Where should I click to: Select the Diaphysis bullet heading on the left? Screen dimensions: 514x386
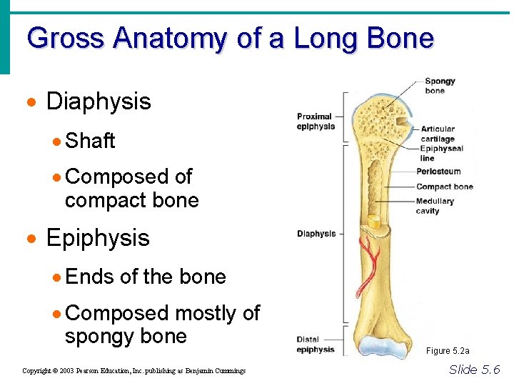[99, 102]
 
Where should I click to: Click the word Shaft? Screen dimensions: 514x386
[90, 141]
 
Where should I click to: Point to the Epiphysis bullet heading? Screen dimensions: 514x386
[98, 237]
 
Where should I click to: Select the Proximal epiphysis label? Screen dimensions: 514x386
[316, 122]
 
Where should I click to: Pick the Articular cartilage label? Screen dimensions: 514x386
[437, 134]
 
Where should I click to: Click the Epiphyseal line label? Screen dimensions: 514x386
[441, 153]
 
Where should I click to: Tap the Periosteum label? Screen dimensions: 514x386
[438, 172]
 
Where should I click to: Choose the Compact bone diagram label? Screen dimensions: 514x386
[444, 187]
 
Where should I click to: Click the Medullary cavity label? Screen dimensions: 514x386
[434, 206]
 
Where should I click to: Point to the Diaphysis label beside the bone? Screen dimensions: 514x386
[316, 234]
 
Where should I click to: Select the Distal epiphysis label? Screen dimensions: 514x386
[316, 345]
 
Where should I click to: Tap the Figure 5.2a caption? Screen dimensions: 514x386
[448, 351]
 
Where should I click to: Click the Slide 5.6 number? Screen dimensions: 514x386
[474, 370]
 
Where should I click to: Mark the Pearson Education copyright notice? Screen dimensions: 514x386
[133, 371]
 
